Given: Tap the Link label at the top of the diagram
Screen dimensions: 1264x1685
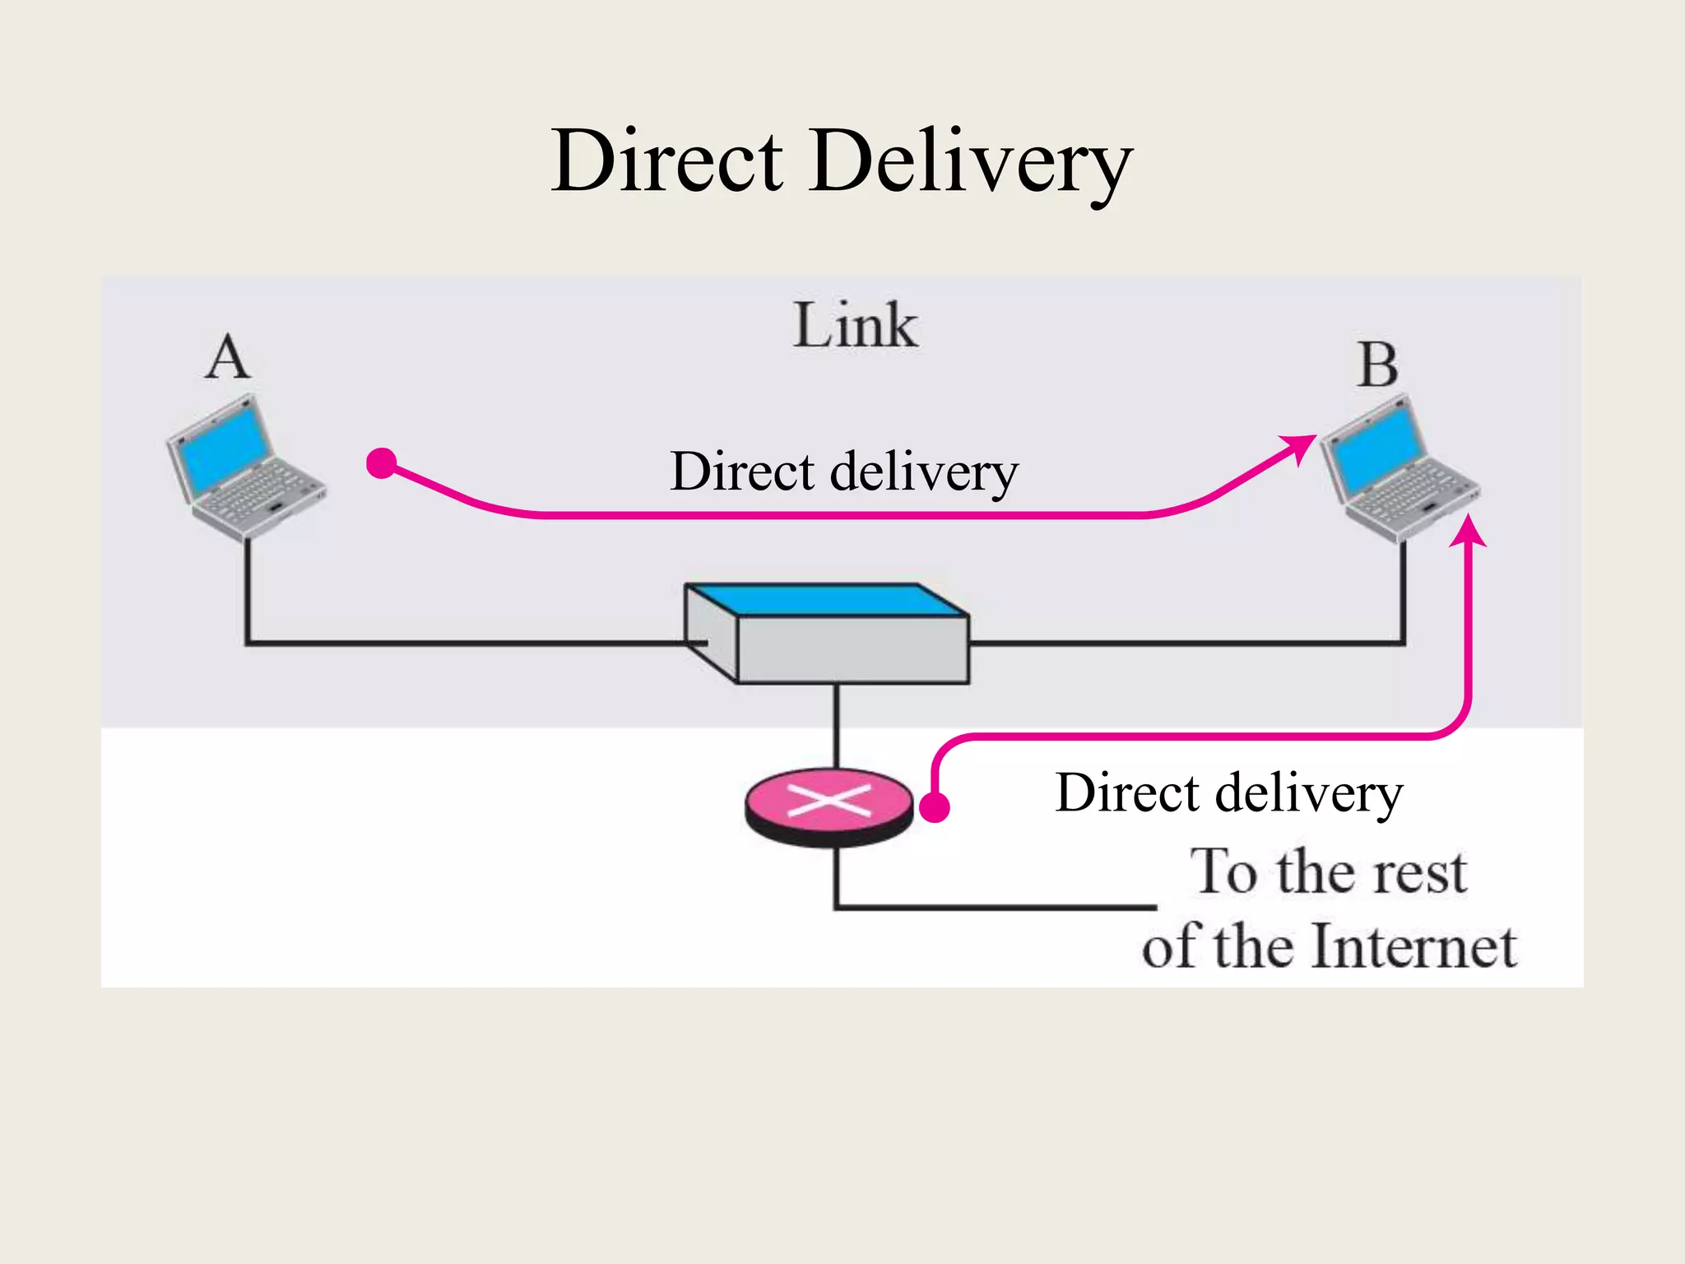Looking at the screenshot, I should coord(855,326).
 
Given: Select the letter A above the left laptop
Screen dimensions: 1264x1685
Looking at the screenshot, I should coord(227,359).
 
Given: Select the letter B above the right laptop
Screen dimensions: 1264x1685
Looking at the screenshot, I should coord(1377,365).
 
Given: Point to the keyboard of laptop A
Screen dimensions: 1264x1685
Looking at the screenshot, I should coord(255,494).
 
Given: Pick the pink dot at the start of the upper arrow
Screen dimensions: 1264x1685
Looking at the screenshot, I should coord(382,463).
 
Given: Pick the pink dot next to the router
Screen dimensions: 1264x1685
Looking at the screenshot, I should coord(935,807).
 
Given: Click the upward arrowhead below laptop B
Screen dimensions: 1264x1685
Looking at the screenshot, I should coord(1468,531).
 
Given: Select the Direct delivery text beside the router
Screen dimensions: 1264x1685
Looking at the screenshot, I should coord(1229,793).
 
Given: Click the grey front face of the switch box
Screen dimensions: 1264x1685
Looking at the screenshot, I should coord(852,650).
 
